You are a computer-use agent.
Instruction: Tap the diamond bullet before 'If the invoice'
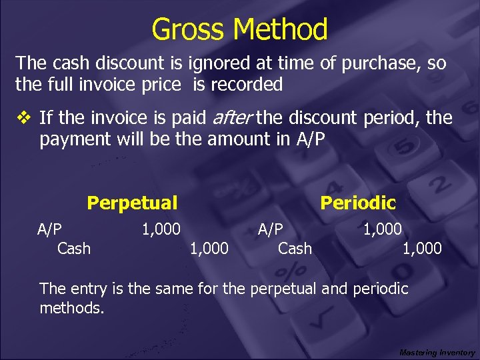click(24, 119)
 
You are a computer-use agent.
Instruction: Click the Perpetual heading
click(132, 203)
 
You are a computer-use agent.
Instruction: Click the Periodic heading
click(358, 202)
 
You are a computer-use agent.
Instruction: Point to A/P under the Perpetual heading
click(50, 229)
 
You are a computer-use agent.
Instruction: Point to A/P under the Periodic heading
click(271, 229)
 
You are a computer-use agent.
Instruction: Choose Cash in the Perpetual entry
click(74, 249)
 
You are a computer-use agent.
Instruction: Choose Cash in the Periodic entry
click(295, 249)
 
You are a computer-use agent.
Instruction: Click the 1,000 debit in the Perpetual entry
click(161, 229)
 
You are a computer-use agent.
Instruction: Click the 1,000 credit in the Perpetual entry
click(209, 249)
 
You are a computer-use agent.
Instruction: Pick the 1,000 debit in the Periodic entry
click(382, 229)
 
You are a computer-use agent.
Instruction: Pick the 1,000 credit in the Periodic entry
click(421, 249)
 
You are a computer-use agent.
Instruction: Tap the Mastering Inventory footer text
click(437, 352)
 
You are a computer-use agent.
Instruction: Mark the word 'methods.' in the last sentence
click(72, 309)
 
